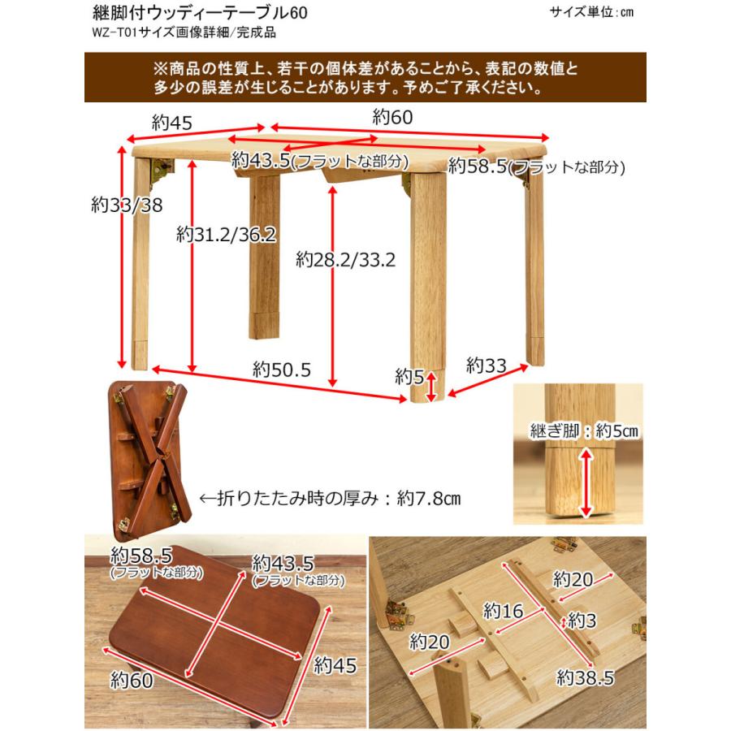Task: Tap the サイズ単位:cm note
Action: [x=590, y=12]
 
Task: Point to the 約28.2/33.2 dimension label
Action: [x=345, y=260]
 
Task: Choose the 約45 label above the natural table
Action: [x=171, y=123]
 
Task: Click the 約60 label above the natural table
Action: [x=393, y=117]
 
